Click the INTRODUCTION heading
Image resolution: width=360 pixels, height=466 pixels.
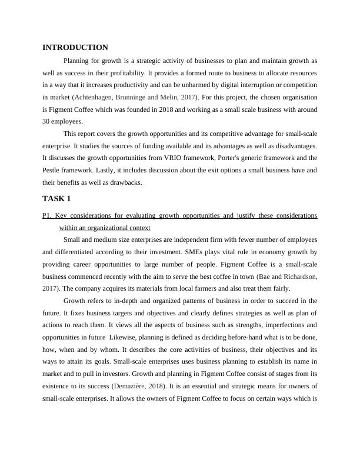click(x=75, y=48)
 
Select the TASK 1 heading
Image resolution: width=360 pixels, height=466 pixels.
click(x=56, y=198)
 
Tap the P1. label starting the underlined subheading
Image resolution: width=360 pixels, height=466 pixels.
click(x=48, y=215)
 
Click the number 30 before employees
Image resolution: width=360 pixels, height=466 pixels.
click(x=47, y=122)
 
